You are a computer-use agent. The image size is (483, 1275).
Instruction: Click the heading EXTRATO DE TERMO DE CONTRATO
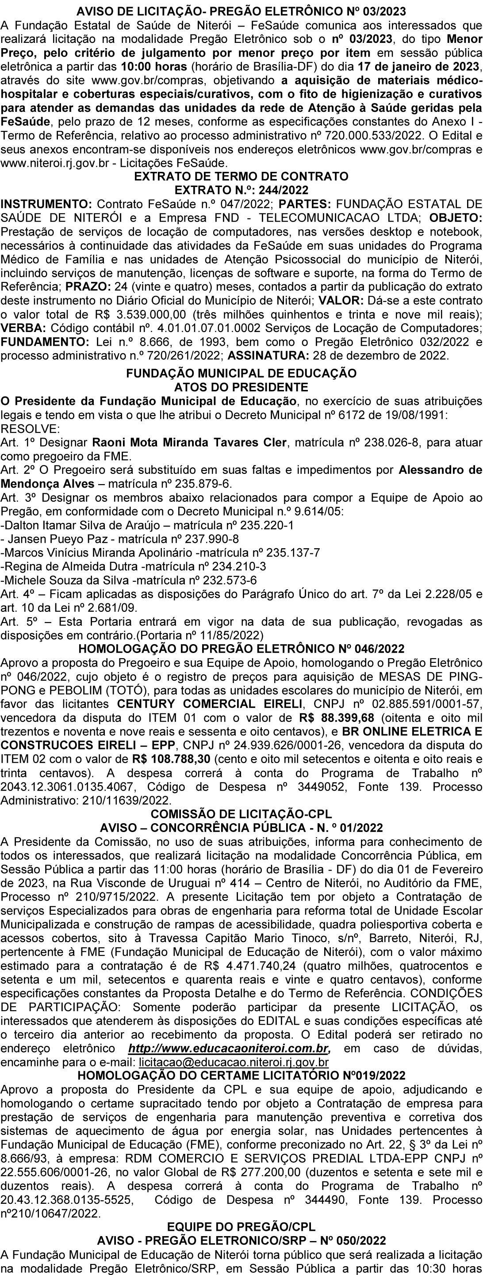pos(241,177)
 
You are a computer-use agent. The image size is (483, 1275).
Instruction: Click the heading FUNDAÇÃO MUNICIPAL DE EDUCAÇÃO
pos(241,373)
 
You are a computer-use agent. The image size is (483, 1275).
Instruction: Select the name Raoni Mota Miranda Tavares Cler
pos(189,442)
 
